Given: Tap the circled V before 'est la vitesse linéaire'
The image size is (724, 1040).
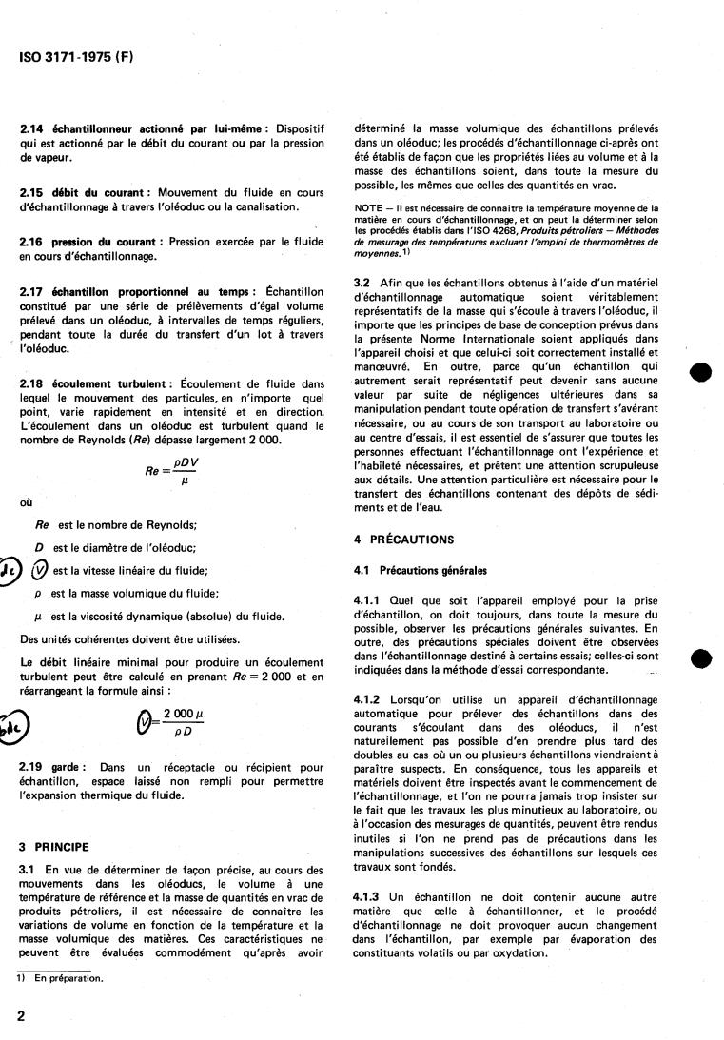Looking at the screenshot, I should (x=40, y=570).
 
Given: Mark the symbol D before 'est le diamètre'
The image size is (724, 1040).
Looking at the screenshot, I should (x=40, y=547).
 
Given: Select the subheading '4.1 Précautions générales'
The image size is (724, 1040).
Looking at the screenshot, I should (x=420, y=571).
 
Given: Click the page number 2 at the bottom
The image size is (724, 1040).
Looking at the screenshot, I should (x=22, y=1015).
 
